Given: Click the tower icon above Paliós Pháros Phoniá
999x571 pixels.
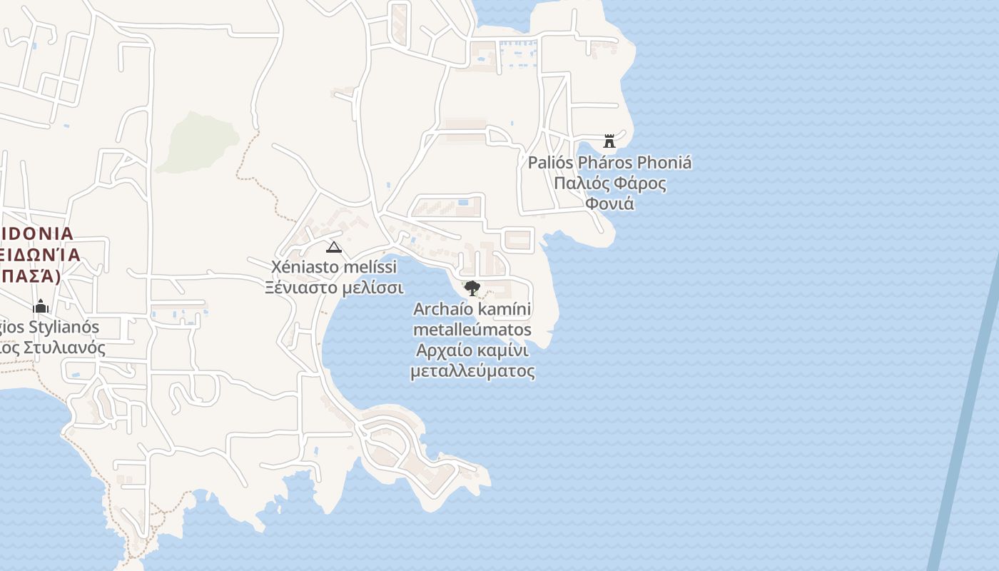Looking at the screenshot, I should pos(609,141).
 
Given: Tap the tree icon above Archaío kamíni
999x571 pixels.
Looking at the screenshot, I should pos(472,288).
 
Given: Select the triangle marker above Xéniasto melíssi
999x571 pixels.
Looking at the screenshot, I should pos(333,247).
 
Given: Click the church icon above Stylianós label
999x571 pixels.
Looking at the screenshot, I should pos(41,306).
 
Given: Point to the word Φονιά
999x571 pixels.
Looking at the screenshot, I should pos(609,203).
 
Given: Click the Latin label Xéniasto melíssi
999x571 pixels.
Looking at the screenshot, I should pos(333,267).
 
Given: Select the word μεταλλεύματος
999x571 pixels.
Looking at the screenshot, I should pos(472,371).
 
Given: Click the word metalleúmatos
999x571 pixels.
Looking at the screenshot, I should pos(472,330).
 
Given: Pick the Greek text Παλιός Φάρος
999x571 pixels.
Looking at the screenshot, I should pos(610,183).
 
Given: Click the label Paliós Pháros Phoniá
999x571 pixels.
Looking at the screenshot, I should pos(609,163).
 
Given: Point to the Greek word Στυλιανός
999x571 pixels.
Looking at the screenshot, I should pos(64,348).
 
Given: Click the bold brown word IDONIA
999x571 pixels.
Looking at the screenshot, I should pos(37,233).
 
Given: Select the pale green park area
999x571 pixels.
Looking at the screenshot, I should pos(196,143).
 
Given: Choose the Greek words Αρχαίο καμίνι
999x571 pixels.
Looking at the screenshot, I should pos(472,350).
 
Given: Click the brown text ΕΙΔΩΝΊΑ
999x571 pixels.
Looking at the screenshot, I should pos(39,256).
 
